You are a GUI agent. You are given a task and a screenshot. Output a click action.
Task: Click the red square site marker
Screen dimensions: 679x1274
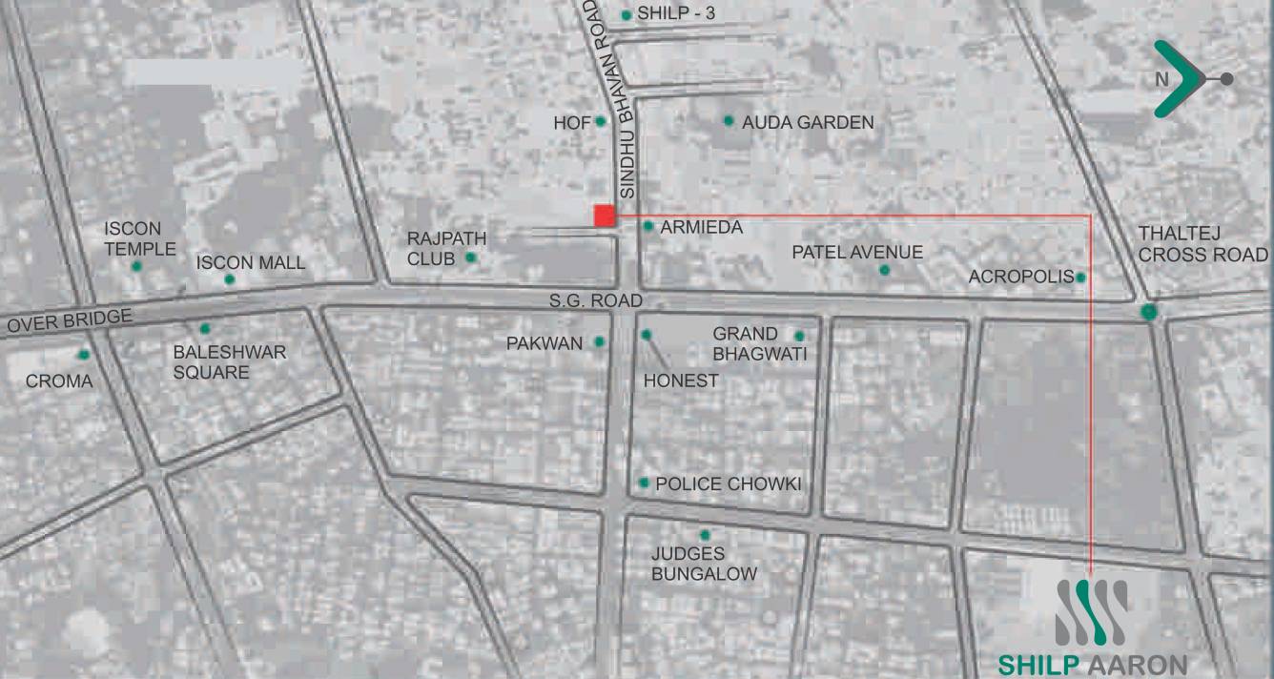[x=604, y=216]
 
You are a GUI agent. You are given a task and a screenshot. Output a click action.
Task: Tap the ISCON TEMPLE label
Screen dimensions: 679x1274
[x=140, y=239]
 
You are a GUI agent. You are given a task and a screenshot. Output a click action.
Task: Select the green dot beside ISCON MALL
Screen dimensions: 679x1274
[x=230, y=279]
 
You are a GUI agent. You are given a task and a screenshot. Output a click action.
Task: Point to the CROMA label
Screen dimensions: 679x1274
[x=59, y=381]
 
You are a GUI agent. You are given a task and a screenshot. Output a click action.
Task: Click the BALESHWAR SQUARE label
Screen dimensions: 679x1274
[x=229, y=362]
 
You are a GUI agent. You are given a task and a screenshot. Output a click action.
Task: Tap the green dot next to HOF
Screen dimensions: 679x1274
[x=601, y=121]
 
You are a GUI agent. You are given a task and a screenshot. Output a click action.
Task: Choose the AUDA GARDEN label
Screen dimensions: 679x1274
[x=808, y=122]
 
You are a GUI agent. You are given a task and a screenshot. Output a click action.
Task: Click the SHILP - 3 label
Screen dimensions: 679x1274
[x=675, y=14]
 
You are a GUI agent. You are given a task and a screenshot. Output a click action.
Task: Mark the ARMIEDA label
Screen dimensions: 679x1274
[x=701, y=228]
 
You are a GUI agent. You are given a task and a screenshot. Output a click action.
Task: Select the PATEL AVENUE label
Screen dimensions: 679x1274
[x=857, y=253]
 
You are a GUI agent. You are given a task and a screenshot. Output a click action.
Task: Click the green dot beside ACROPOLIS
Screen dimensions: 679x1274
[x=1080, y=278]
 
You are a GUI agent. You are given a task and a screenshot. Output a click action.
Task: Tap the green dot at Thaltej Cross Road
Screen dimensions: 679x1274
[x=1149, y=311]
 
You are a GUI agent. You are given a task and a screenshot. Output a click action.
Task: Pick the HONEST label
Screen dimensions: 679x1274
[x=681, y=381]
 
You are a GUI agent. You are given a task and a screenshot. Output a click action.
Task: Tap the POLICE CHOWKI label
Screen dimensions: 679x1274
[x=729, y=484]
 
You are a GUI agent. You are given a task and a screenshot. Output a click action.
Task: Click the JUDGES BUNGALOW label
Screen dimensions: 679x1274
[x=704, y=564]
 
